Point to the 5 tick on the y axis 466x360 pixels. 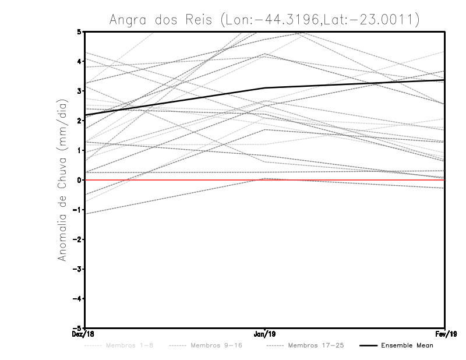point(79,31)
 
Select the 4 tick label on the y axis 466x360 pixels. point(79,61)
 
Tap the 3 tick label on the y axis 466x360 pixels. point(79,91)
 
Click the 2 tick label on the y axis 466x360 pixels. point(79,121)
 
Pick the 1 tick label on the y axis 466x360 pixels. point(79,150)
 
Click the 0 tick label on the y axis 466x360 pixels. point(79,180)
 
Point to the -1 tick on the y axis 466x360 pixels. point(77,210)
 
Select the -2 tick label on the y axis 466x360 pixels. point(77,239)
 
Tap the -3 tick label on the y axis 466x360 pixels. point(77,269)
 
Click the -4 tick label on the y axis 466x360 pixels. point(77,299)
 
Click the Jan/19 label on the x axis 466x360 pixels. point(265,334)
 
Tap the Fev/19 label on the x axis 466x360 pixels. point(444,334)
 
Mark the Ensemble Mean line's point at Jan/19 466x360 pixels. point(265,88)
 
